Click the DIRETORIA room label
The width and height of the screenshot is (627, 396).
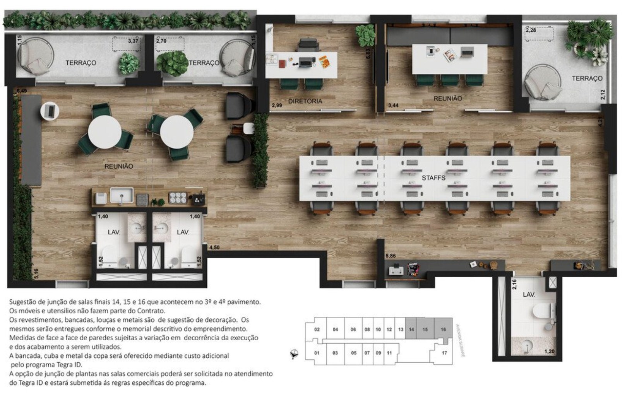tap(305, 101)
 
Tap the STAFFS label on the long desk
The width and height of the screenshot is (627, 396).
tap(433, 178)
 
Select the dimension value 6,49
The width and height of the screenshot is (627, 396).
tap(22, 91)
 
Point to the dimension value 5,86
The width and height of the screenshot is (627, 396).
tap(391, 256)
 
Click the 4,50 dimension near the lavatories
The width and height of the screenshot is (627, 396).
tap(214, 247)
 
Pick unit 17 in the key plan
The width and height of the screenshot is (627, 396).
tap(444, 353)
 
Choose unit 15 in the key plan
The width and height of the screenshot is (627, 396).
tap(425, 329)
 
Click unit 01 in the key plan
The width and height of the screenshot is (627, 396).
tap(317, 353)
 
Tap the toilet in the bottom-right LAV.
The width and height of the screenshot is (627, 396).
tap(544, 311)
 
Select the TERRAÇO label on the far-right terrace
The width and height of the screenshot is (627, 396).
tap(587, 79)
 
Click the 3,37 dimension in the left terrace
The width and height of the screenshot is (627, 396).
tap(133, 41)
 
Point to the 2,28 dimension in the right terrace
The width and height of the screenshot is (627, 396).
tap(531, 30)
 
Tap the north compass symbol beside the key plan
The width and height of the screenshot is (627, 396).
tap(295, 353)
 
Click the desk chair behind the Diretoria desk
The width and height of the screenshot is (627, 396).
tap(308, 45)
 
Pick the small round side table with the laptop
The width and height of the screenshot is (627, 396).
tap(50, 111)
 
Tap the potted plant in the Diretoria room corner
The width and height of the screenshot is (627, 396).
tap(365, 35)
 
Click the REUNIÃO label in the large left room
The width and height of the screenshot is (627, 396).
tap(118, 166)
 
